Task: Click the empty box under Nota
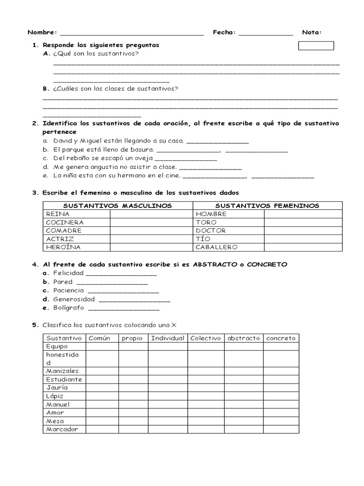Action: point(316,46)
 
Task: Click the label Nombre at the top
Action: point(42,32)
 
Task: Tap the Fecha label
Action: point(224,32)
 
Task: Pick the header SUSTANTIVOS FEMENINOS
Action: point(267,206)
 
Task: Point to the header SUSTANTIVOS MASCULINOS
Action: point(118,206)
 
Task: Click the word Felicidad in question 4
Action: point(68,273)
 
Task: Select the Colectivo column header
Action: point(206,338)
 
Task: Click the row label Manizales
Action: point(63,371)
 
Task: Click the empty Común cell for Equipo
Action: point(102,346)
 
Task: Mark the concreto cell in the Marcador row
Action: point(281,429)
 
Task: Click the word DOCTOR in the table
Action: point(210,230)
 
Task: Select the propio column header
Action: point(133,338)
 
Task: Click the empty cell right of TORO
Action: point(303,222)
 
